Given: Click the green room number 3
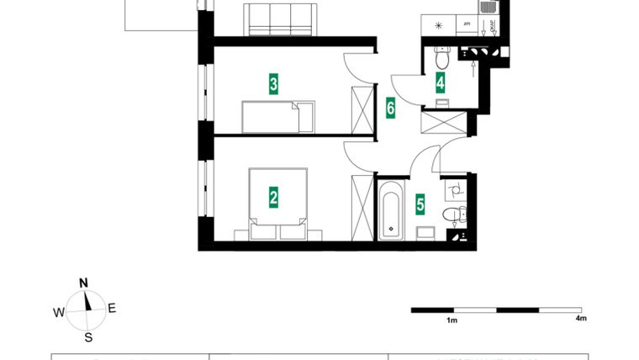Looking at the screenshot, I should click(273, 84).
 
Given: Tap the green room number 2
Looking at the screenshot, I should click(273, 198).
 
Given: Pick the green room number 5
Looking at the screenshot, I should click(420, 204).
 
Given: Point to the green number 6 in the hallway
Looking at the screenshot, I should click(390, 108).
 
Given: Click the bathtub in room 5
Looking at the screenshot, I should click(392, 209).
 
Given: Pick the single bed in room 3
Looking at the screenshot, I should click(277, 116).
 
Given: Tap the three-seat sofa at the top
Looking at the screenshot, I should click(281, 19).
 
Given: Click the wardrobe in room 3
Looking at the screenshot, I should click(362, 110).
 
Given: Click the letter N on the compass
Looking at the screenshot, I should click(84, 283).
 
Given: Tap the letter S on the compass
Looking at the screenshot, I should click(87, 338).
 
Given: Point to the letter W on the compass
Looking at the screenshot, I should click(59, 312).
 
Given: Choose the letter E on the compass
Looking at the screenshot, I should click(112, 309).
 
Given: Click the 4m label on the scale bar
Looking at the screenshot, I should click(580, 320).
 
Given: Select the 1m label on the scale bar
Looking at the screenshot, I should click(452, 320).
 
